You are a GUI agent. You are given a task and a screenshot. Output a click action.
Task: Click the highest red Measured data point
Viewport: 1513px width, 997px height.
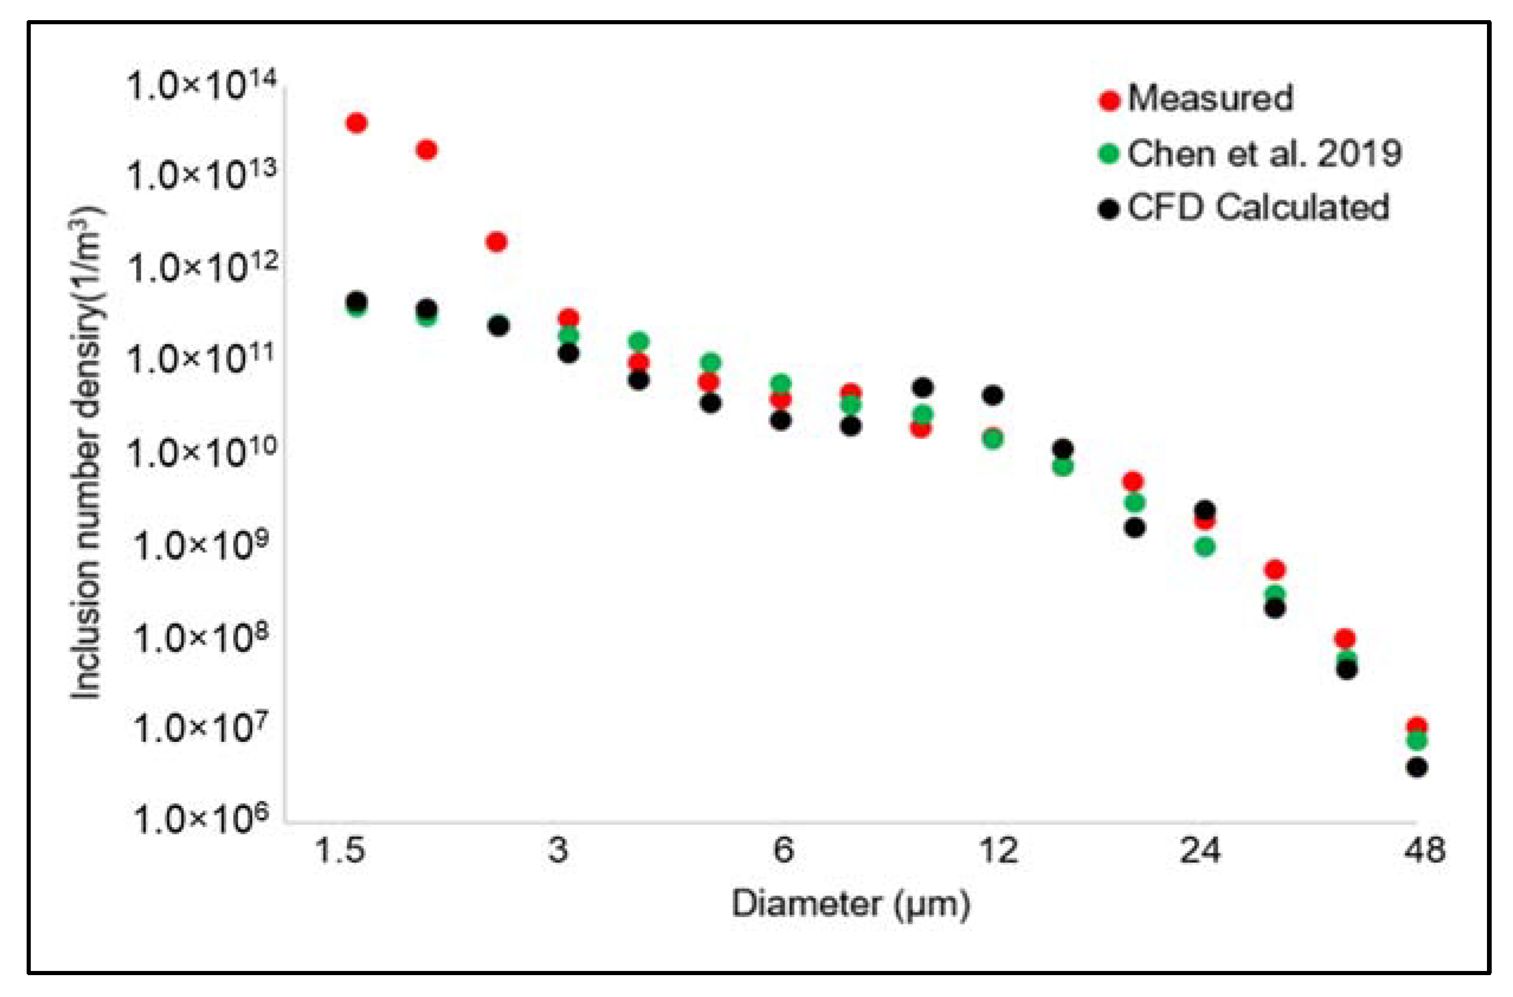[x=357, y=122]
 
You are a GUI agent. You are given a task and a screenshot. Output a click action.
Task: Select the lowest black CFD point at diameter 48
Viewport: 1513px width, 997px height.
[x=1417, y=767]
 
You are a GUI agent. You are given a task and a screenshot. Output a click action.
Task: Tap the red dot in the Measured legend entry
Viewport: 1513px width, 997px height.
[x=1109, y=101]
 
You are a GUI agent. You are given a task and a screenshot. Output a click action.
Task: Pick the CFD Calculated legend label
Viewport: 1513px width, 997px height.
[x=1258, y=207]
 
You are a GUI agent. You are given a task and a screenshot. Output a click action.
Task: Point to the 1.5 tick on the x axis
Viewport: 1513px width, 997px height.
[x=341, y=851]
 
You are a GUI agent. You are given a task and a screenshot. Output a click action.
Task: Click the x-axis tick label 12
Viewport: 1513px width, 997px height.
[x=998, y=851]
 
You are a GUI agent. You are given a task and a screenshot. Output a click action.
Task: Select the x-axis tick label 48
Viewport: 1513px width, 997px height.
[x=1424, y=851]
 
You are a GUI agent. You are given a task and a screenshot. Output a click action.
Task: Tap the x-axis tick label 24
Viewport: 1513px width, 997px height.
[x=1200, y=851]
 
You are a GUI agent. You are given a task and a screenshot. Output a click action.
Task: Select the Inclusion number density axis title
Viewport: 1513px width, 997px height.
[x=86, y=452]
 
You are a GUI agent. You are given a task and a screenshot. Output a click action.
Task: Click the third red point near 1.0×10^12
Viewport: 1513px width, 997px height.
[x=496, y=241]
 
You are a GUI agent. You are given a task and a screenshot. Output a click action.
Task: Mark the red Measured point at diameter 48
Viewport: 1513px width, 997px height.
[x=1417, y=725]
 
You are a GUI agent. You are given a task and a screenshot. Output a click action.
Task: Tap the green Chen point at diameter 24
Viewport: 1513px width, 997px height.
[x=1205, y=547]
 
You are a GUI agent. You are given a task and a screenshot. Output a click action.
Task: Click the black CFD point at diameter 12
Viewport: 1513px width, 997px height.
[x=993, y=395]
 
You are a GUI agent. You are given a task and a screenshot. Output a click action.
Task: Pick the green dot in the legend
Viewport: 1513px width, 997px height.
[x=1109, y=154]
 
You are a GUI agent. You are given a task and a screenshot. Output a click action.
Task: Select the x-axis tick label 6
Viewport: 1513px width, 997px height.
[x=783, y=851]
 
